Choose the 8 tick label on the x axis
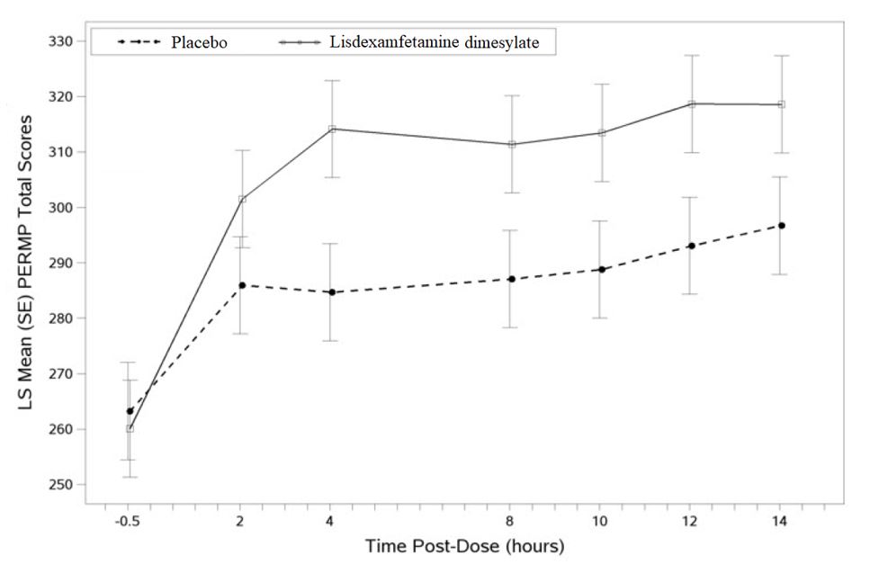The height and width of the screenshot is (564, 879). click(510, 522)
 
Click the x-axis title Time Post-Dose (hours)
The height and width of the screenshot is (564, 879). click(464, 546)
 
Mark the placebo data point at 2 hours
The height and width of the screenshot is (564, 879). click(242, 285)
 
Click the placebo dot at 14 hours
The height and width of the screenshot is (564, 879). click(782, 225)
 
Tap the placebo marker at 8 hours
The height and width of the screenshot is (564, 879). click(511, 279)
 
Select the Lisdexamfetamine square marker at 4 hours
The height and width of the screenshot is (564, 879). click(332, 129)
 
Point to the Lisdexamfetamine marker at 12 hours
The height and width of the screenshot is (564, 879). click(692, 104)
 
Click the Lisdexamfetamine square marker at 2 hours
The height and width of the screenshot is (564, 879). click(242, 199)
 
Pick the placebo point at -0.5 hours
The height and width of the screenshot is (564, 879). click(130, 411)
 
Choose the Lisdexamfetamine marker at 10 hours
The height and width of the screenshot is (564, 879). click(602, 133)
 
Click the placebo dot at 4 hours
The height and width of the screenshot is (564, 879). click(332, 292)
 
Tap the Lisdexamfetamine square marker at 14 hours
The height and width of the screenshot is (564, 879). click(781, 104)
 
